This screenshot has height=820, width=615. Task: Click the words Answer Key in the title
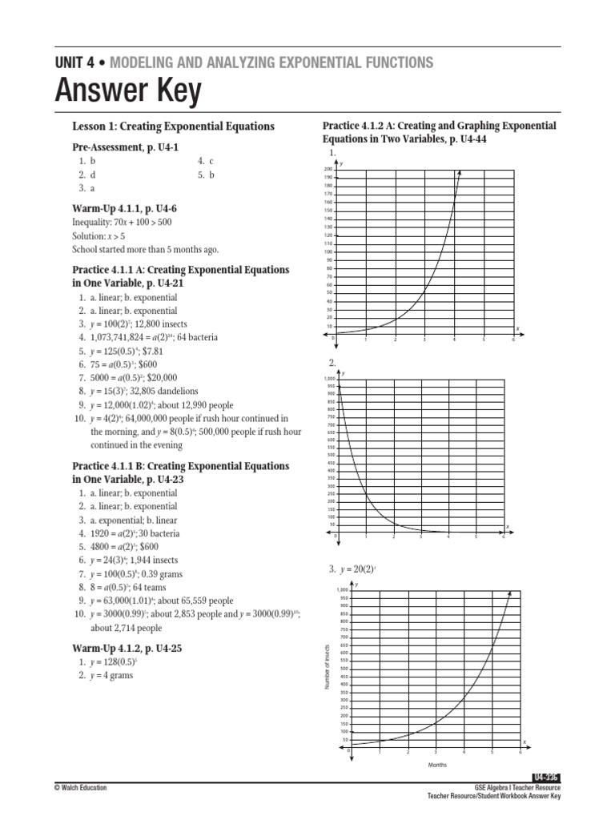click(127, 94)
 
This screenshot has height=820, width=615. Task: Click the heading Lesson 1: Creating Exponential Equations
click(174, 127)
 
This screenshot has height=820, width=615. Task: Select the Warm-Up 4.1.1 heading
click(125, 209)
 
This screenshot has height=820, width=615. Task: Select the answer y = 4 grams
click(111, 675)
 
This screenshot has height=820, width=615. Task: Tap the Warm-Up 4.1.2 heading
click(127, 649)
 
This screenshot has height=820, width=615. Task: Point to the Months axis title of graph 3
click(436, 765)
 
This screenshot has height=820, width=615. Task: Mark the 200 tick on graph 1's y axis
click(328, 169)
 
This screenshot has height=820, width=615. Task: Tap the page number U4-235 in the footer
click(545, 778)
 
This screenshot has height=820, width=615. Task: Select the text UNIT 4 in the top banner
click(76, 62)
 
